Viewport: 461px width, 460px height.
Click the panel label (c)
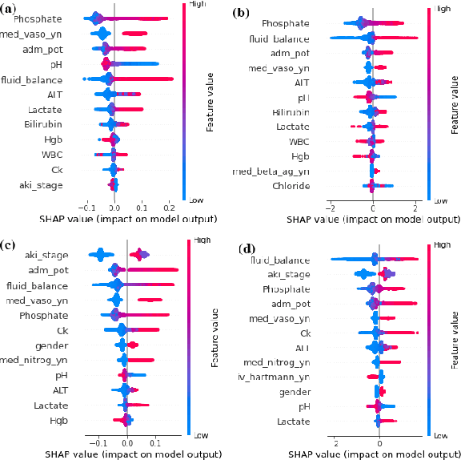(x=11, y=244)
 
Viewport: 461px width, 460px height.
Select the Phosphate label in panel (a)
(x=37, y=18)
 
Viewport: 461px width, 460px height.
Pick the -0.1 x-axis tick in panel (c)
(x=98, y=441)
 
